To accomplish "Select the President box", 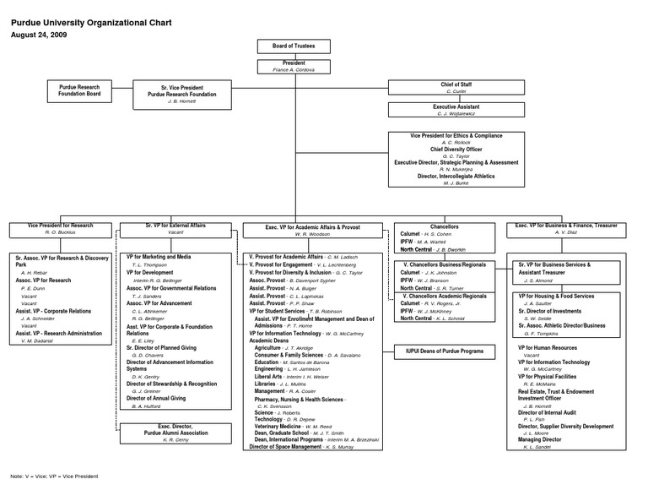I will [293, 67].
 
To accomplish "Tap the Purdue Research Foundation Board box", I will [79, 91].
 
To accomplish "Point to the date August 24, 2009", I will [39, 35].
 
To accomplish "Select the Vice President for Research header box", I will [60, 229].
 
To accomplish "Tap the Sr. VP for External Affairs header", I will [175, 229].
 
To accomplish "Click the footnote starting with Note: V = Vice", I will [54, 476].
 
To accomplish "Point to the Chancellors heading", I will [444, 226].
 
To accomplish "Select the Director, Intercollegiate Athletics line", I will [456, 176].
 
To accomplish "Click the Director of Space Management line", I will [286, 446].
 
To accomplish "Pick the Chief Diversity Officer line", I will [456, 149].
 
